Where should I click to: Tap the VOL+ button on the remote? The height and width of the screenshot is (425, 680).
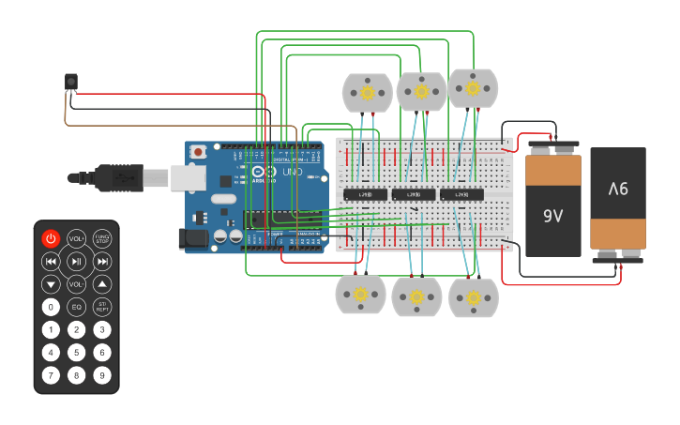[76, 239]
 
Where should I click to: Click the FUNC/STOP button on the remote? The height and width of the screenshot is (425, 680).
[102, 239]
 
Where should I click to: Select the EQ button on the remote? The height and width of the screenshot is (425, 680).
[76, 307]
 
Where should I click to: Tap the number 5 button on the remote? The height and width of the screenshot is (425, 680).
[76, 353]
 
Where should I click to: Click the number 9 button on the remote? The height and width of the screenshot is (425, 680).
[102, 375]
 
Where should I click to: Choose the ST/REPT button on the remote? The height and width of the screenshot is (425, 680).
[102, 307]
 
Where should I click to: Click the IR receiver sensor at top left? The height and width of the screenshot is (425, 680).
[70, 83]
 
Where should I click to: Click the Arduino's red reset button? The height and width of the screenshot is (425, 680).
[199, 151]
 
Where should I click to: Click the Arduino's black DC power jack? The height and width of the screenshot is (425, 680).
[193, 238]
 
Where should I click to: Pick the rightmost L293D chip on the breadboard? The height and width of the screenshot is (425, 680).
[462, 194]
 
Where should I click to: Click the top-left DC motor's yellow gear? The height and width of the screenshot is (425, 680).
[367, 93]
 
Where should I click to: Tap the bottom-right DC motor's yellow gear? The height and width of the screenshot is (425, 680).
[474, 297]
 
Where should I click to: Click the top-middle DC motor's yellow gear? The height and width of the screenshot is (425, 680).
[421, 91]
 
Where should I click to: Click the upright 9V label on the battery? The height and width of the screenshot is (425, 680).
[553, 216]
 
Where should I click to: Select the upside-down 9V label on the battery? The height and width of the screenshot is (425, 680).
[618, 189]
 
